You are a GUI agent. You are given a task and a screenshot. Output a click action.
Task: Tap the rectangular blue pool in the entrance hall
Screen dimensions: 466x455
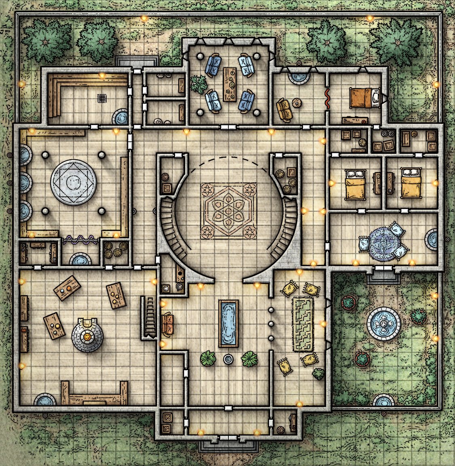point(229,323)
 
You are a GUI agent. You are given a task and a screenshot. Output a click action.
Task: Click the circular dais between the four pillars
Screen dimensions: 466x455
point(74,182)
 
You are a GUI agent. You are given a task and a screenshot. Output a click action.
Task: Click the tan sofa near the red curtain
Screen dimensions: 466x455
point(285,109)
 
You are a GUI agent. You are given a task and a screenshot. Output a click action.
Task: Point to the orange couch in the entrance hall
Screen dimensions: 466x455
point(167,324)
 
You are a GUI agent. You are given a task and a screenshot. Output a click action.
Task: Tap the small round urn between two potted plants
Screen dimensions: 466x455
point(229,359)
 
